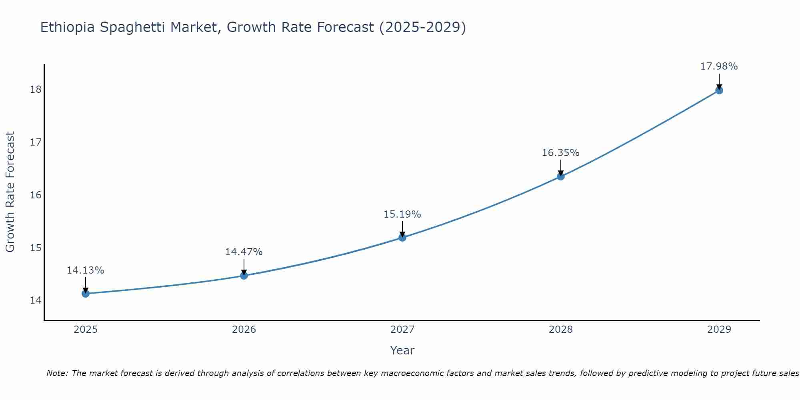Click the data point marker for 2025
coord(86,294)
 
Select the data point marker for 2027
coord(402,238)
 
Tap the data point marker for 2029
coord(719,90)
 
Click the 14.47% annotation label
coord(244,252)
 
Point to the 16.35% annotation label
coord(560,153)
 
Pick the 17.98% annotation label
coord(719,66)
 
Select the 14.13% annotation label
coord(85,270)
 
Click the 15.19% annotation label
coord(402,214)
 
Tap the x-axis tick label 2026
coord(244,330)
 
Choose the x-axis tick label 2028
coord(560,330)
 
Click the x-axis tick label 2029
coord(719,330)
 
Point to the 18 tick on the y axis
coord(36,89)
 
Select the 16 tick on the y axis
coord(36,195)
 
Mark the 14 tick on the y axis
coord(36,300)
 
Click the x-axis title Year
coord(402,350)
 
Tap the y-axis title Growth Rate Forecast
coord(10,192)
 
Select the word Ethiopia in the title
coord(68,27)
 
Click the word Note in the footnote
coord(58,373)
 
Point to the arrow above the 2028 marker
coord(560,167)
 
